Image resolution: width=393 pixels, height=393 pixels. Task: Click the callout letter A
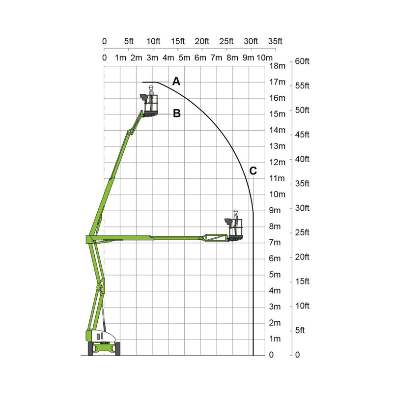point(176,82)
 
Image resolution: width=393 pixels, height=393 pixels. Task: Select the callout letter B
point(177,113)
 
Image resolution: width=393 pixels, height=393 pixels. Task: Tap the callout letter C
point(253,171)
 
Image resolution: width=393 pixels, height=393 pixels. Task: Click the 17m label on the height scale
point(277,82)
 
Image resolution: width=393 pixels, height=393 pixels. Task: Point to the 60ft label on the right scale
point(302,61)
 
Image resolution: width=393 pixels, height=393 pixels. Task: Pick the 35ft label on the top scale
point(275,41)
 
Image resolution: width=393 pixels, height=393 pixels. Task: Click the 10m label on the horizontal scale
point(264,57)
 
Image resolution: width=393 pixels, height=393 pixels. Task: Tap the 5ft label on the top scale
point(129,41)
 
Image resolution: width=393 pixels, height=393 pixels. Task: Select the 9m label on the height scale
point(275,210)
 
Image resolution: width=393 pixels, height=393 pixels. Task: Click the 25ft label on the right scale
point(302,232)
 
